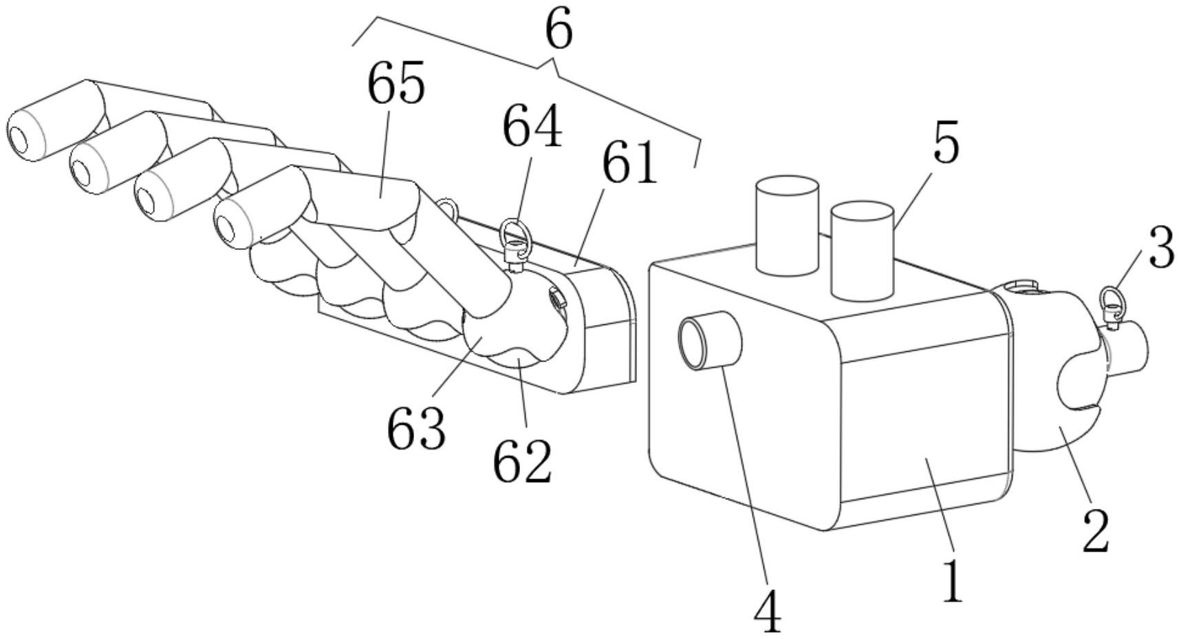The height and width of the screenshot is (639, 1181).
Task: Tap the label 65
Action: (396, 84)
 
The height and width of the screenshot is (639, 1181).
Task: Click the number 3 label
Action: (1161, 248)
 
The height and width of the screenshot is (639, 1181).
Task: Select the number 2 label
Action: (1096, 531)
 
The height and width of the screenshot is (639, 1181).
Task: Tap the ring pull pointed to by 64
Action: (512, 233)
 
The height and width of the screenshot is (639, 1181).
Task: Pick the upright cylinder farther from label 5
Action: (788, 225)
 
